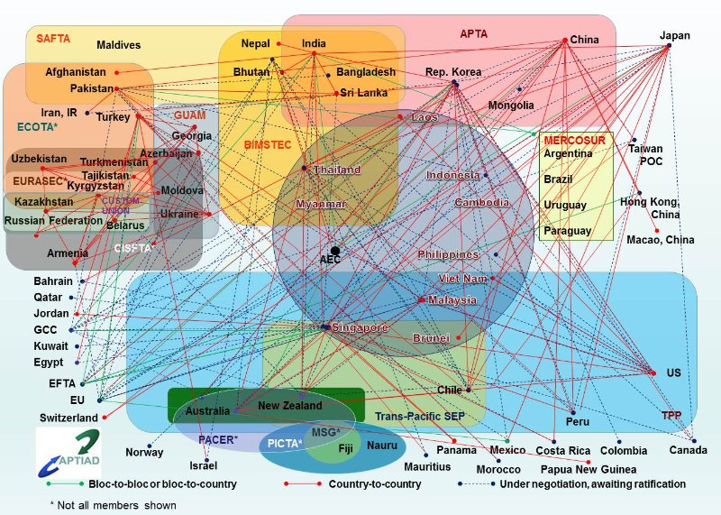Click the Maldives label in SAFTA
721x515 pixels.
(118, 44)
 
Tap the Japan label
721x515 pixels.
(675, 36)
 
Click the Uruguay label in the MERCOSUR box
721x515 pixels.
(565, 205)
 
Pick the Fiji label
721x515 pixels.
(345, 448)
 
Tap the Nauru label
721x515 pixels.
(382, 446)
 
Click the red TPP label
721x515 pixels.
(671, 416)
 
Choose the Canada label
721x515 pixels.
(688, 449)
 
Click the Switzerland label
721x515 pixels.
(68, 418)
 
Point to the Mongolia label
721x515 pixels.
(511, 106)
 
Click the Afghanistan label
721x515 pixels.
(76, 71)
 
